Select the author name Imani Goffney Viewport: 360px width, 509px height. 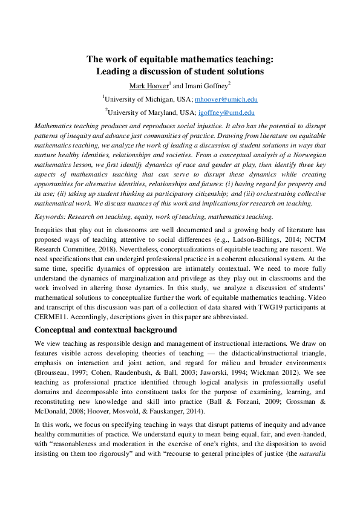pyautogui.click(x=206, y=85)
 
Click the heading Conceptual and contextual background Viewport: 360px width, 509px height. pyautogui.click(x=105, y=329)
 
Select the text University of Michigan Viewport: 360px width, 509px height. pyautogui.click(x=136, y=99)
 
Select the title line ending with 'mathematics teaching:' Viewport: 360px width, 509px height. pyautogui.click(x=180, y=59)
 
